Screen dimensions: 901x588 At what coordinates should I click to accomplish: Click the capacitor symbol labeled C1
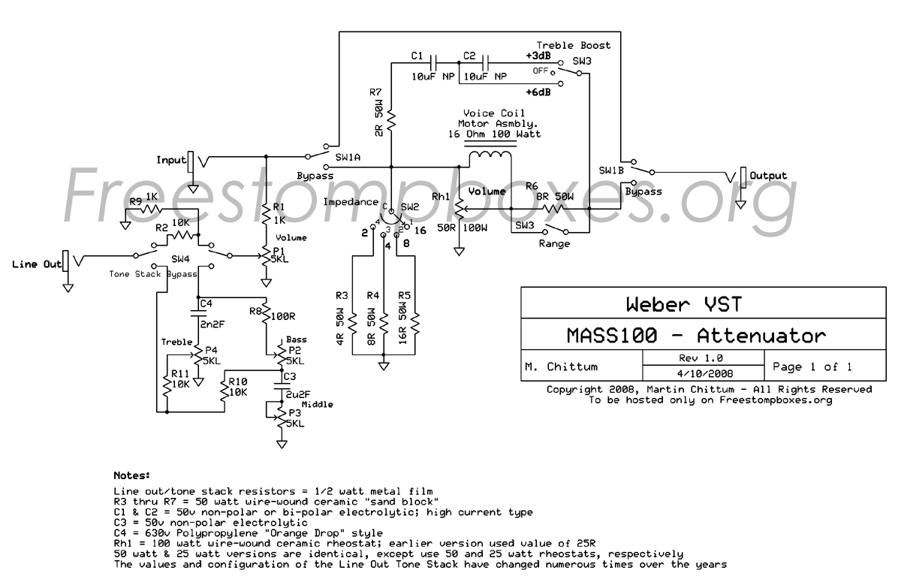434,63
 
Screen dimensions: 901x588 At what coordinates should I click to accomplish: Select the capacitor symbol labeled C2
486,63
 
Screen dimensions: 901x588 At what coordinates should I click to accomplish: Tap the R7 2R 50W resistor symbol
391,120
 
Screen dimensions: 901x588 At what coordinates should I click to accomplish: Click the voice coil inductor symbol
490,155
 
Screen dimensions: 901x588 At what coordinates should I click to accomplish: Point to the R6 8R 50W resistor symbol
553,209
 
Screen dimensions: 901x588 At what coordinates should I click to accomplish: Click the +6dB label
538,92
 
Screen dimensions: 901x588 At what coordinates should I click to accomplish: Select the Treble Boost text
573,46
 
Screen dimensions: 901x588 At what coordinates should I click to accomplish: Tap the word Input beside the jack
171,160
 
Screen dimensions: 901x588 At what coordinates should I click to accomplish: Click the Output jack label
768,176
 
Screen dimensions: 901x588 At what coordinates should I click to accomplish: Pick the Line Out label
37,264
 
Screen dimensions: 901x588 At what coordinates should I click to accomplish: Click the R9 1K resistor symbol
151,209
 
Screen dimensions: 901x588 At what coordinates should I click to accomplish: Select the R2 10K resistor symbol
182,235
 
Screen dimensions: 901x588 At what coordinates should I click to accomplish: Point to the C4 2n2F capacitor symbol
198,313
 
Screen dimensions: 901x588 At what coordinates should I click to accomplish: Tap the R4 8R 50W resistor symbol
384,324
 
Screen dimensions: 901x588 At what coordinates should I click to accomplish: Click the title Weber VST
684,304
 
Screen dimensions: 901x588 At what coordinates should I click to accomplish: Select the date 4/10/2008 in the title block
705,374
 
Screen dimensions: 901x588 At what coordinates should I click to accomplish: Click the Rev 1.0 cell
704,358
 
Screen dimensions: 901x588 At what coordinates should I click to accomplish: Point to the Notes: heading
132,475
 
